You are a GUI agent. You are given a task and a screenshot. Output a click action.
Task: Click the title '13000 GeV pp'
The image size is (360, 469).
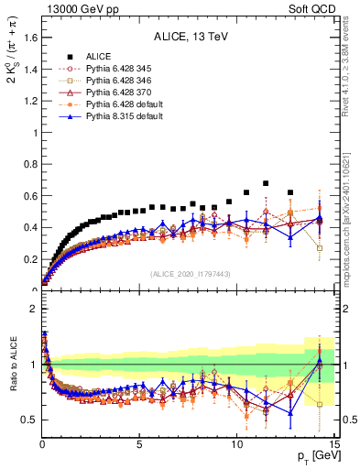pyautogui.click(x=74, y=8)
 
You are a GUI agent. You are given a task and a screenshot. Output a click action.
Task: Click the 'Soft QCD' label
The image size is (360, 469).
pyautogui.click(x=311, y=8)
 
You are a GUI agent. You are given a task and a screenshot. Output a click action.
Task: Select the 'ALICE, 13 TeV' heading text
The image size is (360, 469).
pyautogui.click(x=189, y=38)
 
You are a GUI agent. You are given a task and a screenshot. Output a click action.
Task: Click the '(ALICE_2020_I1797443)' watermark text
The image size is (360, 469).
pyautogui.click(x=189, y=275)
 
